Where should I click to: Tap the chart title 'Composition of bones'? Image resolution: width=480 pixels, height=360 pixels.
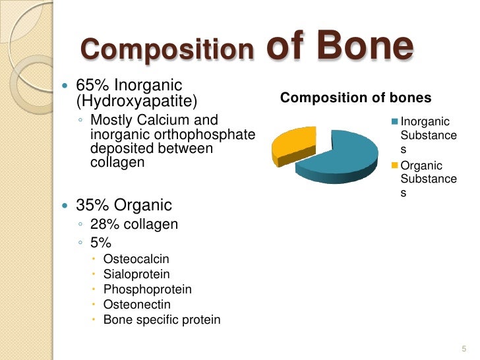(x=356, y=98)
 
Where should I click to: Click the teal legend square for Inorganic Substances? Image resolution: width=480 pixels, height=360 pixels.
(x=395, y=121)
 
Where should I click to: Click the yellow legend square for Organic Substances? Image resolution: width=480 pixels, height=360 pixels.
(x=395, y=165)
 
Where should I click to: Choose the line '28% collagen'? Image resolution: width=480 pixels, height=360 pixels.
(x=134, y=224)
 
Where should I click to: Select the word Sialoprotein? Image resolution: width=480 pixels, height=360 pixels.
(x=136, y=274)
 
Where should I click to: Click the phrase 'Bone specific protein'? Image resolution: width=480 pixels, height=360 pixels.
(x=162, y=320)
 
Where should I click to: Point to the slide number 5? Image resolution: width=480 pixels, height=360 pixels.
(x=464, y=348)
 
